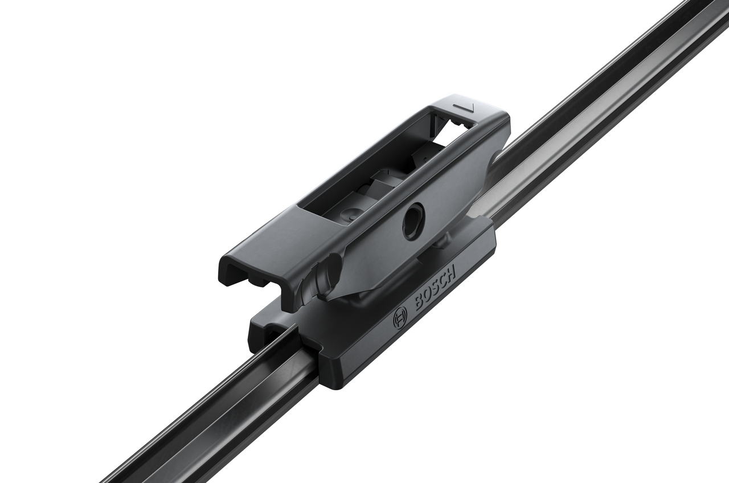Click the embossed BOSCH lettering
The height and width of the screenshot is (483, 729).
[435, 289]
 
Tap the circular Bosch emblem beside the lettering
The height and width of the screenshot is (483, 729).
[400, 316]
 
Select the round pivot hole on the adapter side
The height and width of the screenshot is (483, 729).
[413, 220]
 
